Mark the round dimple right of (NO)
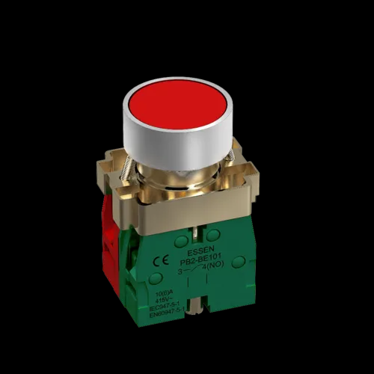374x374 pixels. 238,262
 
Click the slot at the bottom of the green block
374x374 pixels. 198,307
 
